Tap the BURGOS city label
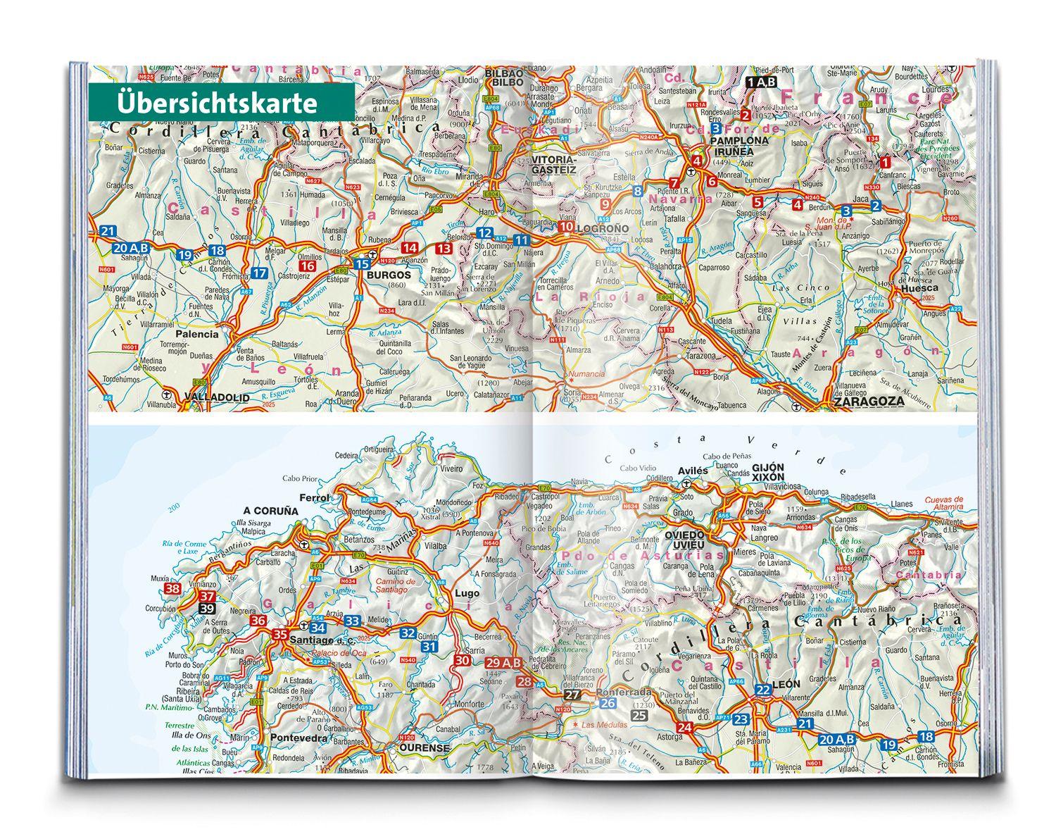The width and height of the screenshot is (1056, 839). [383, 275]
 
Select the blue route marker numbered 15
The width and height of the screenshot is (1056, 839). [361, 264]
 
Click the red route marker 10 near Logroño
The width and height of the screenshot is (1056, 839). [566, 227]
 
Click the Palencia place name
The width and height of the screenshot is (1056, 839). [197, 335]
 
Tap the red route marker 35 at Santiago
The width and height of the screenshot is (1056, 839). [280, 634]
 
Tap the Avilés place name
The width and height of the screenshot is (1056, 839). [691, 470]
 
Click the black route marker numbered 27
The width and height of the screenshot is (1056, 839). [572, 695]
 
